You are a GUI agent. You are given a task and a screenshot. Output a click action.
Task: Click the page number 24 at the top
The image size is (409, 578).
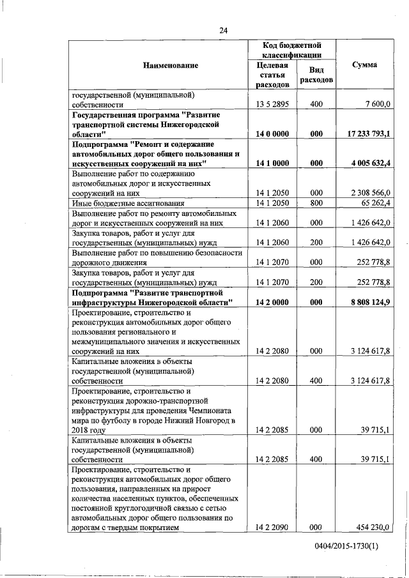click(x=223, y=30)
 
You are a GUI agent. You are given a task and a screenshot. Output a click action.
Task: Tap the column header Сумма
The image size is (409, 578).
click(x=364, y=65)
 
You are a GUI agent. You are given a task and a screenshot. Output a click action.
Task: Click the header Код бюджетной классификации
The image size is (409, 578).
click(x=291, y=50)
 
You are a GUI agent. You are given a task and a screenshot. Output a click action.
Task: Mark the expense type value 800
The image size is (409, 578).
click(x=315, y=203)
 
